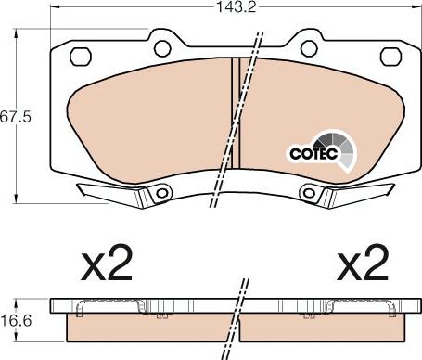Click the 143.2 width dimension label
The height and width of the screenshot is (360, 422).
(237, 7)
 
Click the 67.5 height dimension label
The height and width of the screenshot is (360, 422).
(16, 117)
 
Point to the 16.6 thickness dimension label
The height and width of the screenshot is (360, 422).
(16, 321)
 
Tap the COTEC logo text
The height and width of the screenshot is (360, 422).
(313, 153)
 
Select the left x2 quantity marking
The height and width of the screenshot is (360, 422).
(107, 263)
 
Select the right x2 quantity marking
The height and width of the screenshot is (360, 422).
(363, 263)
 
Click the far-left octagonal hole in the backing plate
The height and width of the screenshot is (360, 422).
(81, 57)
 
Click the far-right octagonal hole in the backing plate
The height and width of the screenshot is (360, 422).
(390, 57)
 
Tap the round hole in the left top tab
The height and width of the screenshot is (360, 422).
(162, 49)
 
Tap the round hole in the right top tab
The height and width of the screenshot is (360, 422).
(309, 49)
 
